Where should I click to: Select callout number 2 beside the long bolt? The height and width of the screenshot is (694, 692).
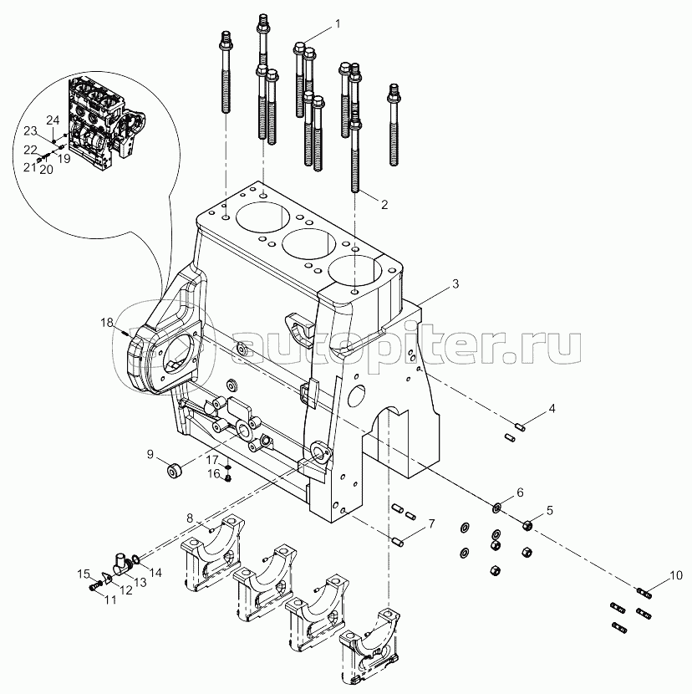(385, 203)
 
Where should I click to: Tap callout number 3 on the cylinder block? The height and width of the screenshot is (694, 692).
(455, 284)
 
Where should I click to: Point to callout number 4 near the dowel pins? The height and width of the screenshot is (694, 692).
(552, 409)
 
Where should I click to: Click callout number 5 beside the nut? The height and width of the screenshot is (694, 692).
(549, 510)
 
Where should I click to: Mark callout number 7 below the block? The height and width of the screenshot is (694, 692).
(432, 524)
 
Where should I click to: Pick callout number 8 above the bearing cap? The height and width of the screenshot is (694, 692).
(190, 519)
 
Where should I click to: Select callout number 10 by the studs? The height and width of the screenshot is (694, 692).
(676, 575)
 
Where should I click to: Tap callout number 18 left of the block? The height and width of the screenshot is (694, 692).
(106, 323)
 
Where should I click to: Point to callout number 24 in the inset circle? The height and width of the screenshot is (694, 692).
(52, 119)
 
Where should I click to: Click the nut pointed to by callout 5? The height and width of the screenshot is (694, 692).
(527, 525)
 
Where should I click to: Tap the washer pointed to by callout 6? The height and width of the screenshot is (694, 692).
(496, 507)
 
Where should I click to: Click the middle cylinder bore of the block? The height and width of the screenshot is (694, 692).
(309, 244)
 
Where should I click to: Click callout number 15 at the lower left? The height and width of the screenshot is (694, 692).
(84, 574)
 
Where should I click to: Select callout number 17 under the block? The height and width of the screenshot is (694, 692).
(213, 460)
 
